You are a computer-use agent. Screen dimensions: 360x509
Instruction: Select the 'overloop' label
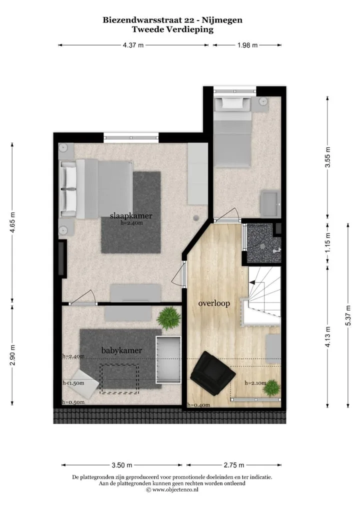pyautogui.click(x=214, y=303)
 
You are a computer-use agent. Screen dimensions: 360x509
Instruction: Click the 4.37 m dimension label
pyautogui.click(x=133, y=45)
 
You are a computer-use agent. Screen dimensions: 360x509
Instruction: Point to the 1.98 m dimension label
pyautogui.click(x=247, y=45)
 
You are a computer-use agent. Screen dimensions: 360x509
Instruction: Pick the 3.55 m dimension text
pyautogui.click(x=328, y=157)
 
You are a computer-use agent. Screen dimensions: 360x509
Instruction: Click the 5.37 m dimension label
pyautogui.click(x=348, y=315)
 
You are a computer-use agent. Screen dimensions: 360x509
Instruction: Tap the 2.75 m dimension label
pyautogui.click(x=233, y=465)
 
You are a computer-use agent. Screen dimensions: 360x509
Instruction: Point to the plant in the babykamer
pyautogui.click(x=168, y=318)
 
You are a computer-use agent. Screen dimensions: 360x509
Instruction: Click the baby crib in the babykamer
pyautogui.click(x=168, y=359)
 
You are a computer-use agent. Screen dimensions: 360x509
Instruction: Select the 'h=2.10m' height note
pyautogui.click(x=255, y=382)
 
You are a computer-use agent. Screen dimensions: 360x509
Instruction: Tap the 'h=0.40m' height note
pyautogui.click(x=198, y=405)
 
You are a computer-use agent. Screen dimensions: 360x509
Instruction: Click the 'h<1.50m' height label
pyautogui.click(x=73, y=383)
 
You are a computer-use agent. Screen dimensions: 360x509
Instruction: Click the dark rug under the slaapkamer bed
pyautogui.click(x=131, y=212)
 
